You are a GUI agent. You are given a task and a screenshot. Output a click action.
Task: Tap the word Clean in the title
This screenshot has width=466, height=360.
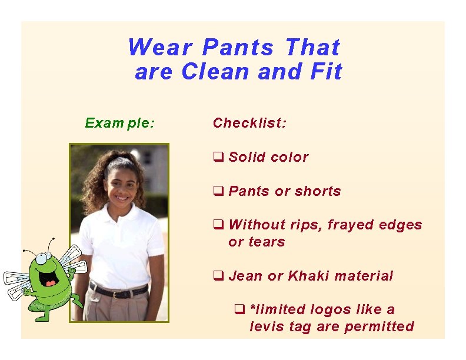[x=215, y=72]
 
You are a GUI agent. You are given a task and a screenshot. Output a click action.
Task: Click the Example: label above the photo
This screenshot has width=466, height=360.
[x=120, y=123]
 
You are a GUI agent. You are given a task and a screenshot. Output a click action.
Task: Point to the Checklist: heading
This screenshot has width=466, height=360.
[x=249, y=123]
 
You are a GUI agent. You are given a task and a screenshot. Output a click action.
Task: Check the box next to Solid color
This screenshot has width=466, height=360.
[x=217, y=157]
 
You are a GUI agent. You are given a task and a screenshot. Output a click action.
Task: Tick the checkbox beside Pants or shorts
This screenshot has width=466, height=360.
[x=217, y=191]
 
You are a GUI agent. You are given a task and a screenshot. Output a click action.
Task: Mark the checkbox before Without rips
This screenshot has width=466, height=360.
[x=217, y=225]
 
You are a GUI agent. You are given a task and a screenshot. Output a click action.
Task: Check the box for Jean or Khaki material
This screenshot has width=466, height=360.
[x=217, y=276]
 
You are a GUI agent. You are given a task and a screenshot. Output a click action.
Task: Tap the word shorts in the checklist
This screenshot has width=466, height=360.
[x=318, y=191]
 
